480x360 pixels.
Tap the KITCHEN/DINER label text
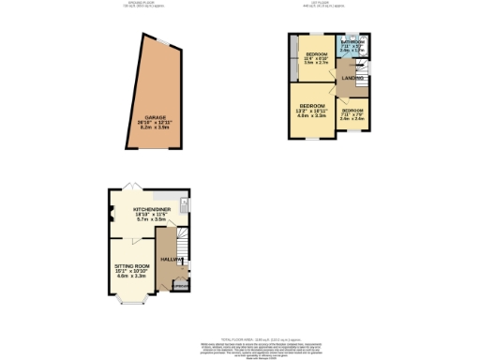point(149,211)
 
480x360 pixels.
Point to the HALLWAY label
point(171,259)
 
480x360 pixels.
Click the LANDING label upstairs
point(352,78)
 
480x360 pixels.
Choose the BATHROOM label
point(353,42)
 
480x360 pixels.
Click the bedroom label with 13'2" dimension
point(312,105)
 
